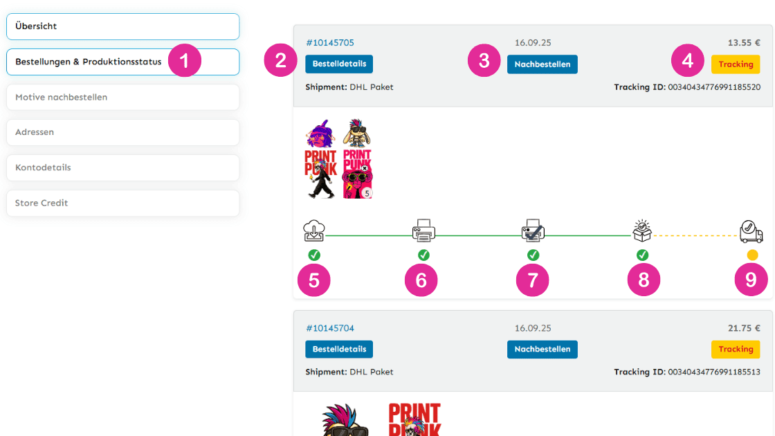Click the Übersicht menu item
(122, 26)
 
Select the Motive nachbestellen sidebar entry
(122, 98)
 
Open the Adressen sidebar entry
(122, 132)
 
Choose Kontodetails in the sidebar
(122, 167)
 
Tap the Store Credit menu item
(122, 203)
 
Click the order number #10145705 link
(329, 43)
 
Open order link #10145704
(329, 328)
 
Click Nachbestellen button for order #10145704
(542, 349)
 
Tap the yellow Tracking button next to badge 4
(736, 64)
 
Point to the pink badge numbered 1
(184, 61)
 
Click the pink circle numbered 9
(751, 280)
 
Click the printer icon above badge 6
(423, 230)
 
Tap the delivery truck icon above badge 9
(751, 231)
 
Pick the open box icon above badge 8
(642, 230)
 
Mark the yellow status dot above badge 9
(752, 255)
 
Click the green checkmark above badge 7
(533, 255)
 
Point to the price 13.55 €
(744, 43)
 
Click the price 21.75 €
(744, 328)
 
